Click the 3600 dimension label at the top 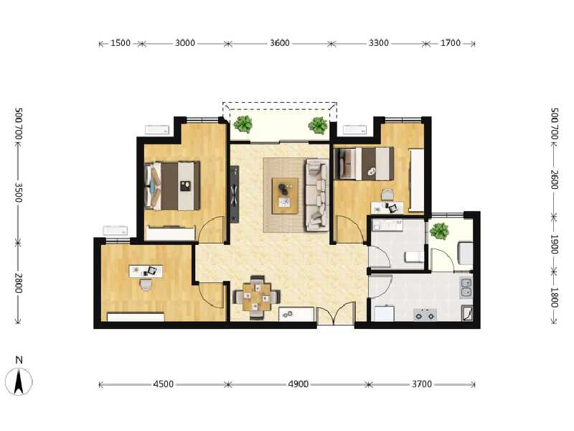pos(280,43)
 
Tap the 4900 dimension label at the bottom pos(298,384)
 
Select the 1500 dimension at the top pos(121,43)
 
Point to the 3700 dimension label pos(422,384)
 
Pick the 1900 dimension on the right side pos(555,244)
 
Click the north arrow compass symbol pos(19,381)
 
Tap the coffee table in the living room pos(285,195)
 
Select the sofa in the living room pos(317,195)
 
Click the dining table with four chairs pos(257,297)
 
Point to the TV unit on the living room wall pos(235,194)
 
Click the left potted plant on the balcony pos(243,124)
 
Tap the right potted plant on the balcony pos(318,125)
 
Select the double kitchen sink pos(466,288)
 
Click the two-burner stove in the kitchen pos(425,315)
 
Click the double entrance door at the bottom pos(336,313)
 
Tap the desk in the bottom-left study pos(146,271)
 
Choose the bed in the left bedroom pos(172,186)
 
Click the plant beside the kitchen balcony pos(439,231)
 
